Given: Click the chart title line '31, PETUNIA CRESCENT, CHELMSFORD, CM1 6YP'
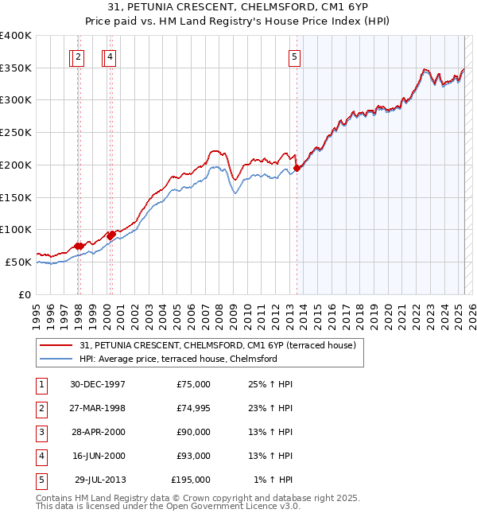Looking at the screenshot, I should pyautogui.click(x=238, y=7).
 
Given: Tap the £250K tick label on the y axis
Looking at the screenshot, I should pyautogui.click(x=16, y=133).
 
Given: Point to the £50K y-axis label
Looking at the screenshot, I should pyautogui.click(x=19, y=262).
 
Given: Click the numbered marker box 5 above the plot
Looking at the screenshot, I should pyautogui.click(x=294, y=56).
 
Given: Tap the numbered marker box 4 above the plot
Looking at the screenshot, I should pyautogui.click(x=109, y=56).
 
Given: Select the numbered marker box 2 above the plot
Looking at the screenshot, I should pyautogui.click(x=78, y=56).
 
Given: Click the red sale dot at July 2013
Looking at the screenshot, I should pyautogui.click(x=297, y=168).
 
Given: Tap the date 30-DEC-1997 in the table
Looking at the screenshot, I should pyautogui.click(x=98, y=384).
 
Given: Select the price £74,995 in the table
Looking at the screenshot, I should pyautogui.click(x=191, y=408).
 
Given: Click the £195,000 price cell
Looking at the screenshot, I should pyautogui.click(x=191, y=480).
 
